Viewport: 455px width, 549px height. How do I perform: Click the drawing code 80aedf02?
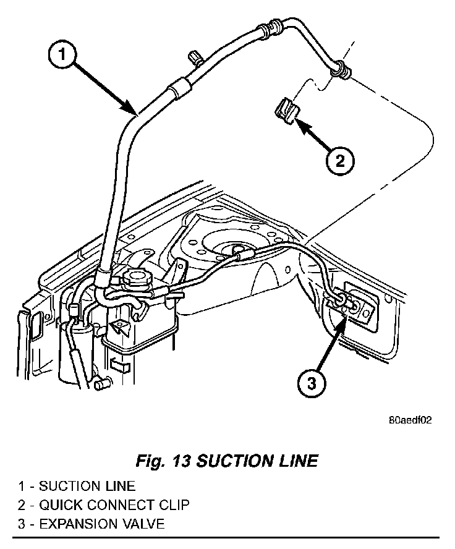[410, 419]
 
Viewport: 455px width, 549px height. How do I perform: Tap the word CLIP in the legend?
[174, 505]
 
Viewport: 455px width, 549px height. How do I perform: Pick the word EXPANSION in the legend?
[74, 525]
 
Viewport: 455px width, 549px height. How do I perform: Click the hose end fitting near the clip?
[340, 70]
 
